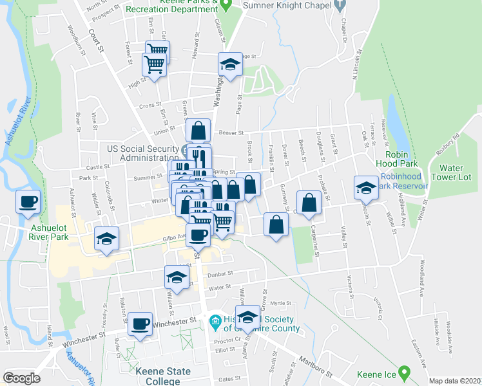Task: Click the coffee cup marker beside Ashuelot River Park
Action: click(28, 201)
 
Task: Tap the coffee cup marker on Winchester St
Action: click(139, 324)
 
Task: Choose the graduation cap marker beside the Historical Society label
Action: click(247, 317)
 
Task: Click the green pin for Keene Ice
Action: click(404, 372)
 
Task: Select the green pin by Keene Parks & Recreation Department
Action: click(225, 5)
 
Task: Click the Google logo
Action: click(22, 378)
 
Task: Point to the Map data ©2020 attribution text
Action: click(455, 381)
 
